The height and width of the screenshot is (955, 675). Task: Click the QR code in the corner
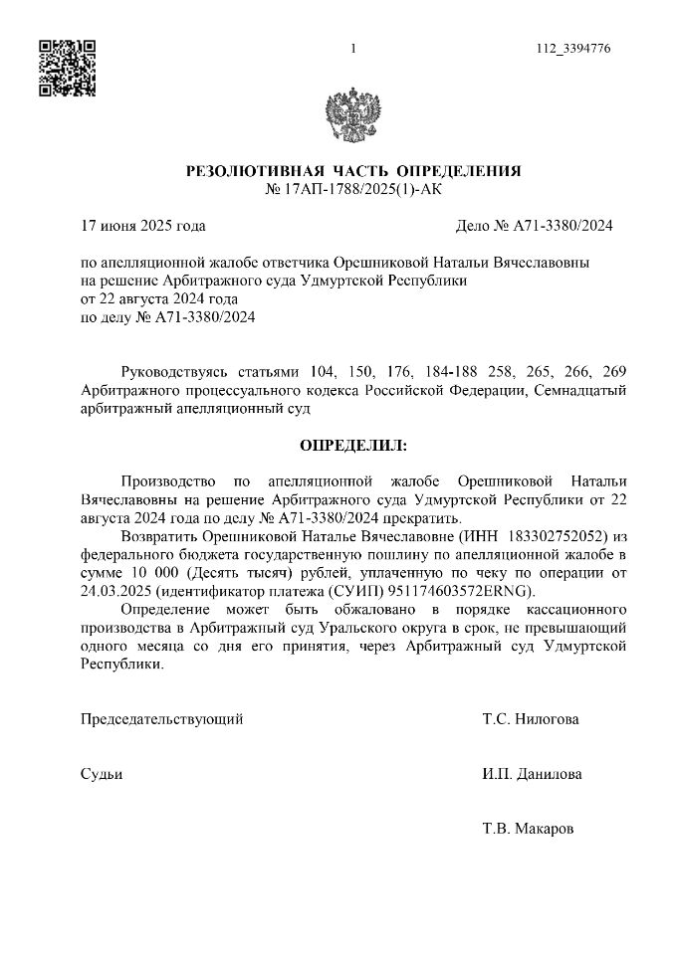pos(67,68)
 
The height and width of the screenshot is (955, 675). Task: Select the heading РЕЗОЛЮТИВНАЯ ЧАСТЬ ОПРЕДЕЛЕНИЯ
pos(353,172)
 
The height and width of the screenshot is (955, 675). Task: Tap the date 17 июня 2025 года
pos(142,226)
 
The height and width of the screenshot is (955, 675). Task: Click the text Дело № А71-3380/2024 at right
pos(534,226)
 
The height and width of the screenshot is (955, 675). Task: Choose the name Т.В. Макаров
pos(528,829)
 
